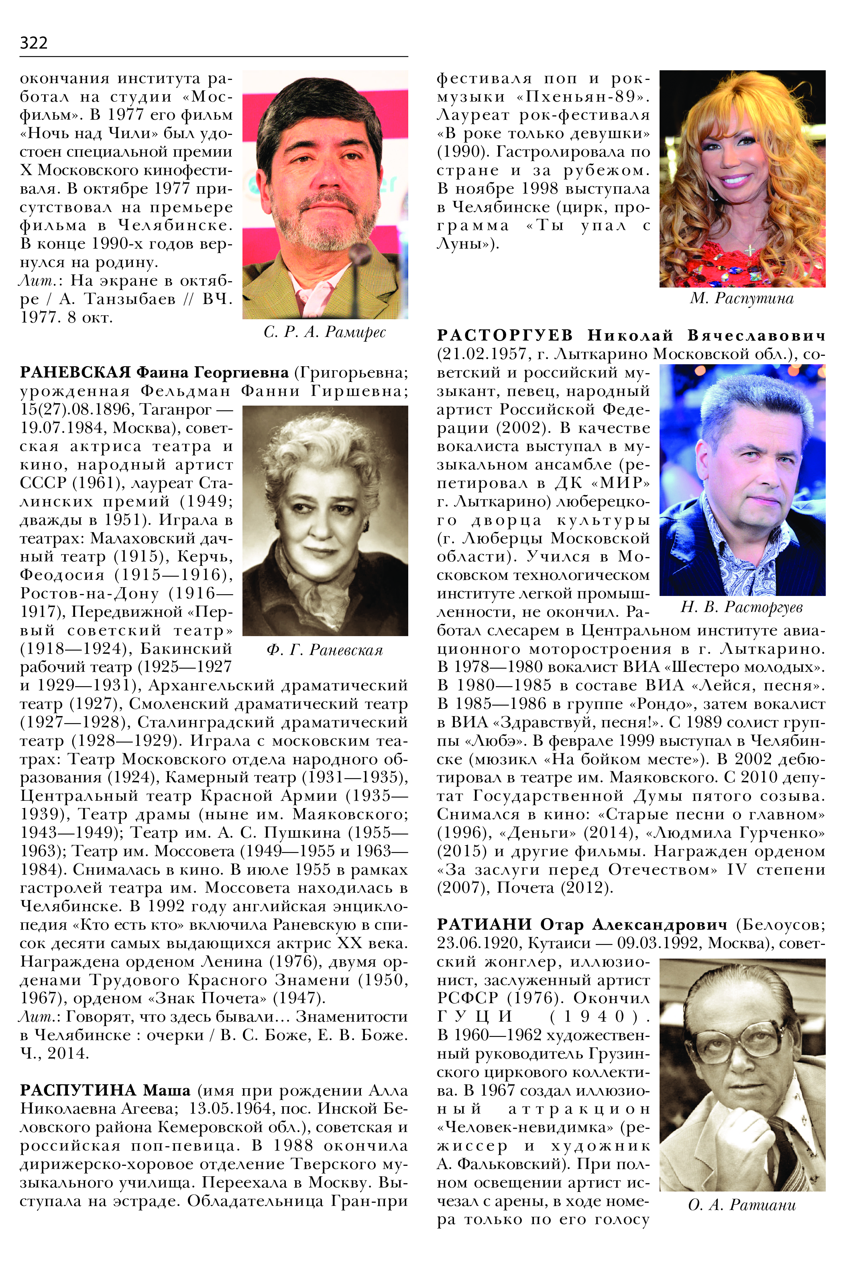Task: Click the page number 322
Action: tap(33, 43)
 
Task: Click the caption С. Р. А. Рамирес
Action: tap(325, 333)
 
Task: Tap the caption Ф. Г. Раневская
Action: tap(325, 650)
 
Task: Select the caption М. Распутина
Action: tap(742, 298)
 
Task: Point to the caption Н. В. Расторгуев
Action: tap(742, 607)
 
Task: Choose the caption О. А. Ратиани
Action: tap(742, 1205)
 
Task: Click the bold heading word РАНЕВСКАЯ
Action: tap(75, 372)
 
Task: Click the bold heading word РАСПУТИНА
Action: tap(77, 1090)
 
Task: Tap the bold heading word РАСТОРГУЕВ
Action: tap(505, 336)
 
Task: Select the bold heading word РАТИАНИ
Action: tap(484, 924)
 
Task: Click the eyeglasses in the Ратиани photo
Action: tap(742, 1038)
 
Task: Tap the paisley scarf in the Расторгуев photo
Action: tap(737, 554)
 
